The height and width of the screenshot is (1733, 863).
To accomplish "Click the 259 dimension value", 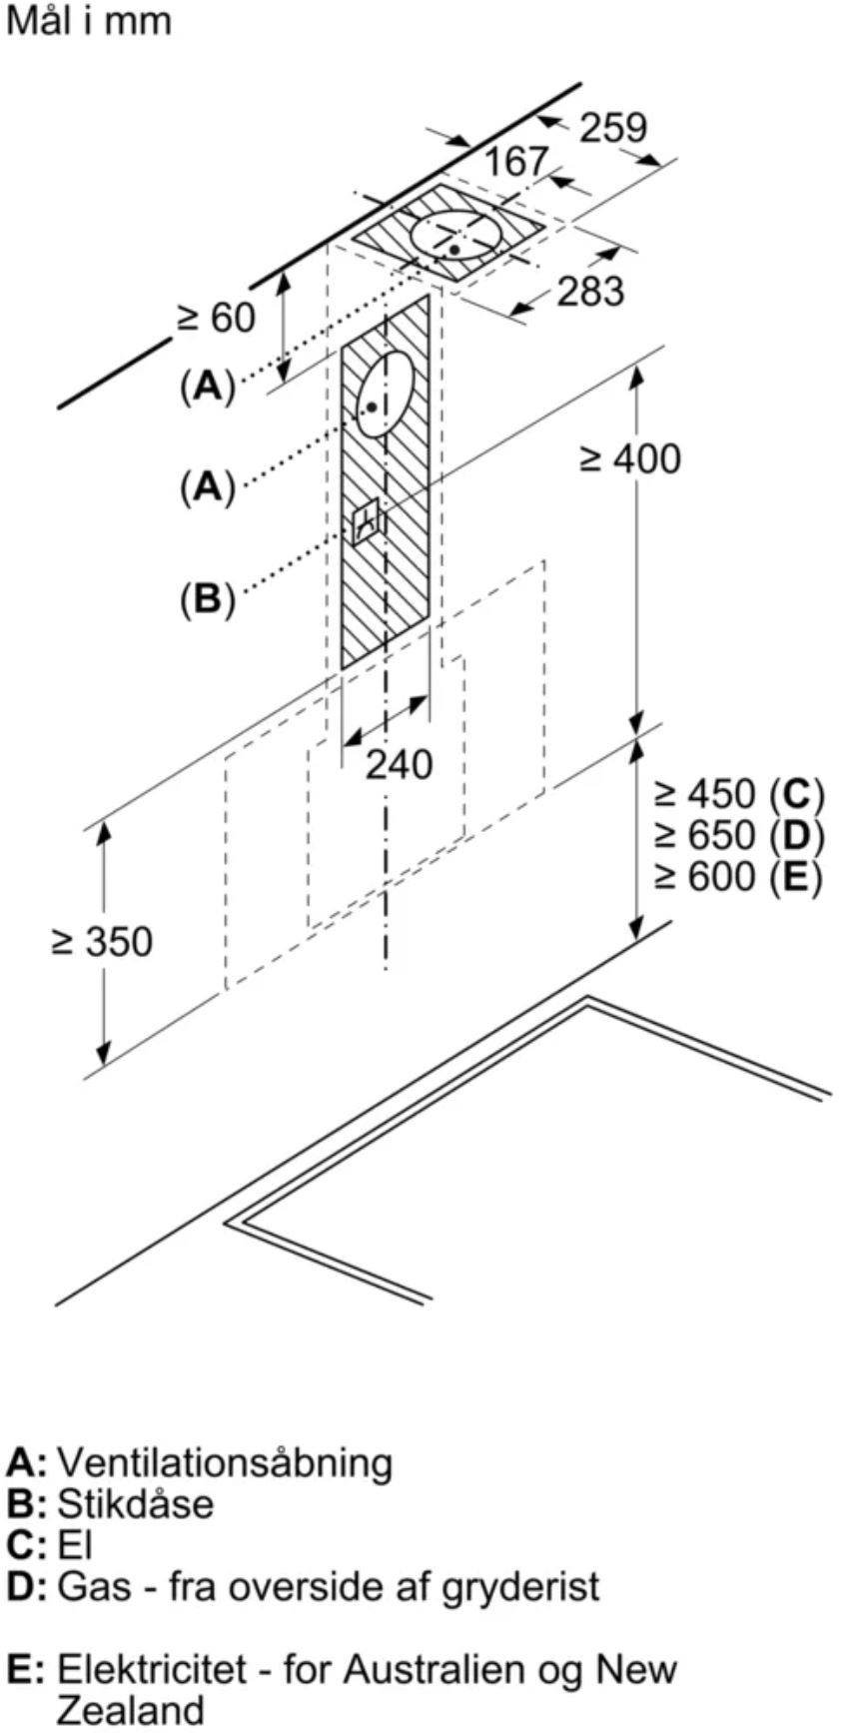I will point(613,128).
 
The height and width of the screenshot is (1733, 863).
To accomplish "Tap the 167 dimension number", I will point(516,162).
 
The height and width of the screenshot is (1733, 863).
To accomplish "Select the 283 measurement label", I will point(590,292).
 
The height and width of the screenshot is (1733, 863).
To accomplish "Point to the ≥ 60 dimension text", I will point(217,318).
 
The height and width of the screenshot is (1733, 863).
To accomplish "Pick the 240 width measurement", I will point(400,765).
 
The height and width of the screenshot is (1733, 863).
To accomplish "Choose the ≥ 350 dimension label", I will point(103,941).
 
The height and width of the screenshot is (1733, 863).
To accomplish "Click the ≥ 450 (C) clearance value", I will point(739,794).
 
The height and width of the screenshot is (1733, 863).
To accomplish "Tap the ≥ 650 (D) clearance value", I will point(739,835).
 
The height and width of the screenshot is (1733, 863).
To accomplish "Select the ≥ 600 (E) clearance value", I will point(739,876).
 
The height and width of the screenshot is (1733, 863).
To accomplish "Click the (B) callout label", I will point(207,598).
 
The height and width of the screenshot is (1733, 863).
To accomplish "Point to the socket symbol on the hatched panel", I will point(367,519).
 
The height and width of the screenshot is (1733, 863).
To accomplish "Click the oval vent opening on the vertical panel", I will point(385,394).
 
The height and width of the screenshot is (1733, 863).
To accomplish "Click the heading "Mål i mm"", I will point(89,21).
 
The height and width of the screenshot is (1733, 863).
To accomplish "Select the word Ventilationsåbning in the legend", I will point(225,1462).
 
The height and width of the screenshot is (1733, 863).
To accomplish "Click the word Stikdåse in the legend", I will point(135,1503).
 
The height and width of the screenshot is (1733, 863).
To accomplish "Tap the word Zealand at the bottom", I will point(130,1710).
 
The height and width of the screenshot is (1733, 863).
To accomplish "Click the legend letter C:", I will point(27,1545).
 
